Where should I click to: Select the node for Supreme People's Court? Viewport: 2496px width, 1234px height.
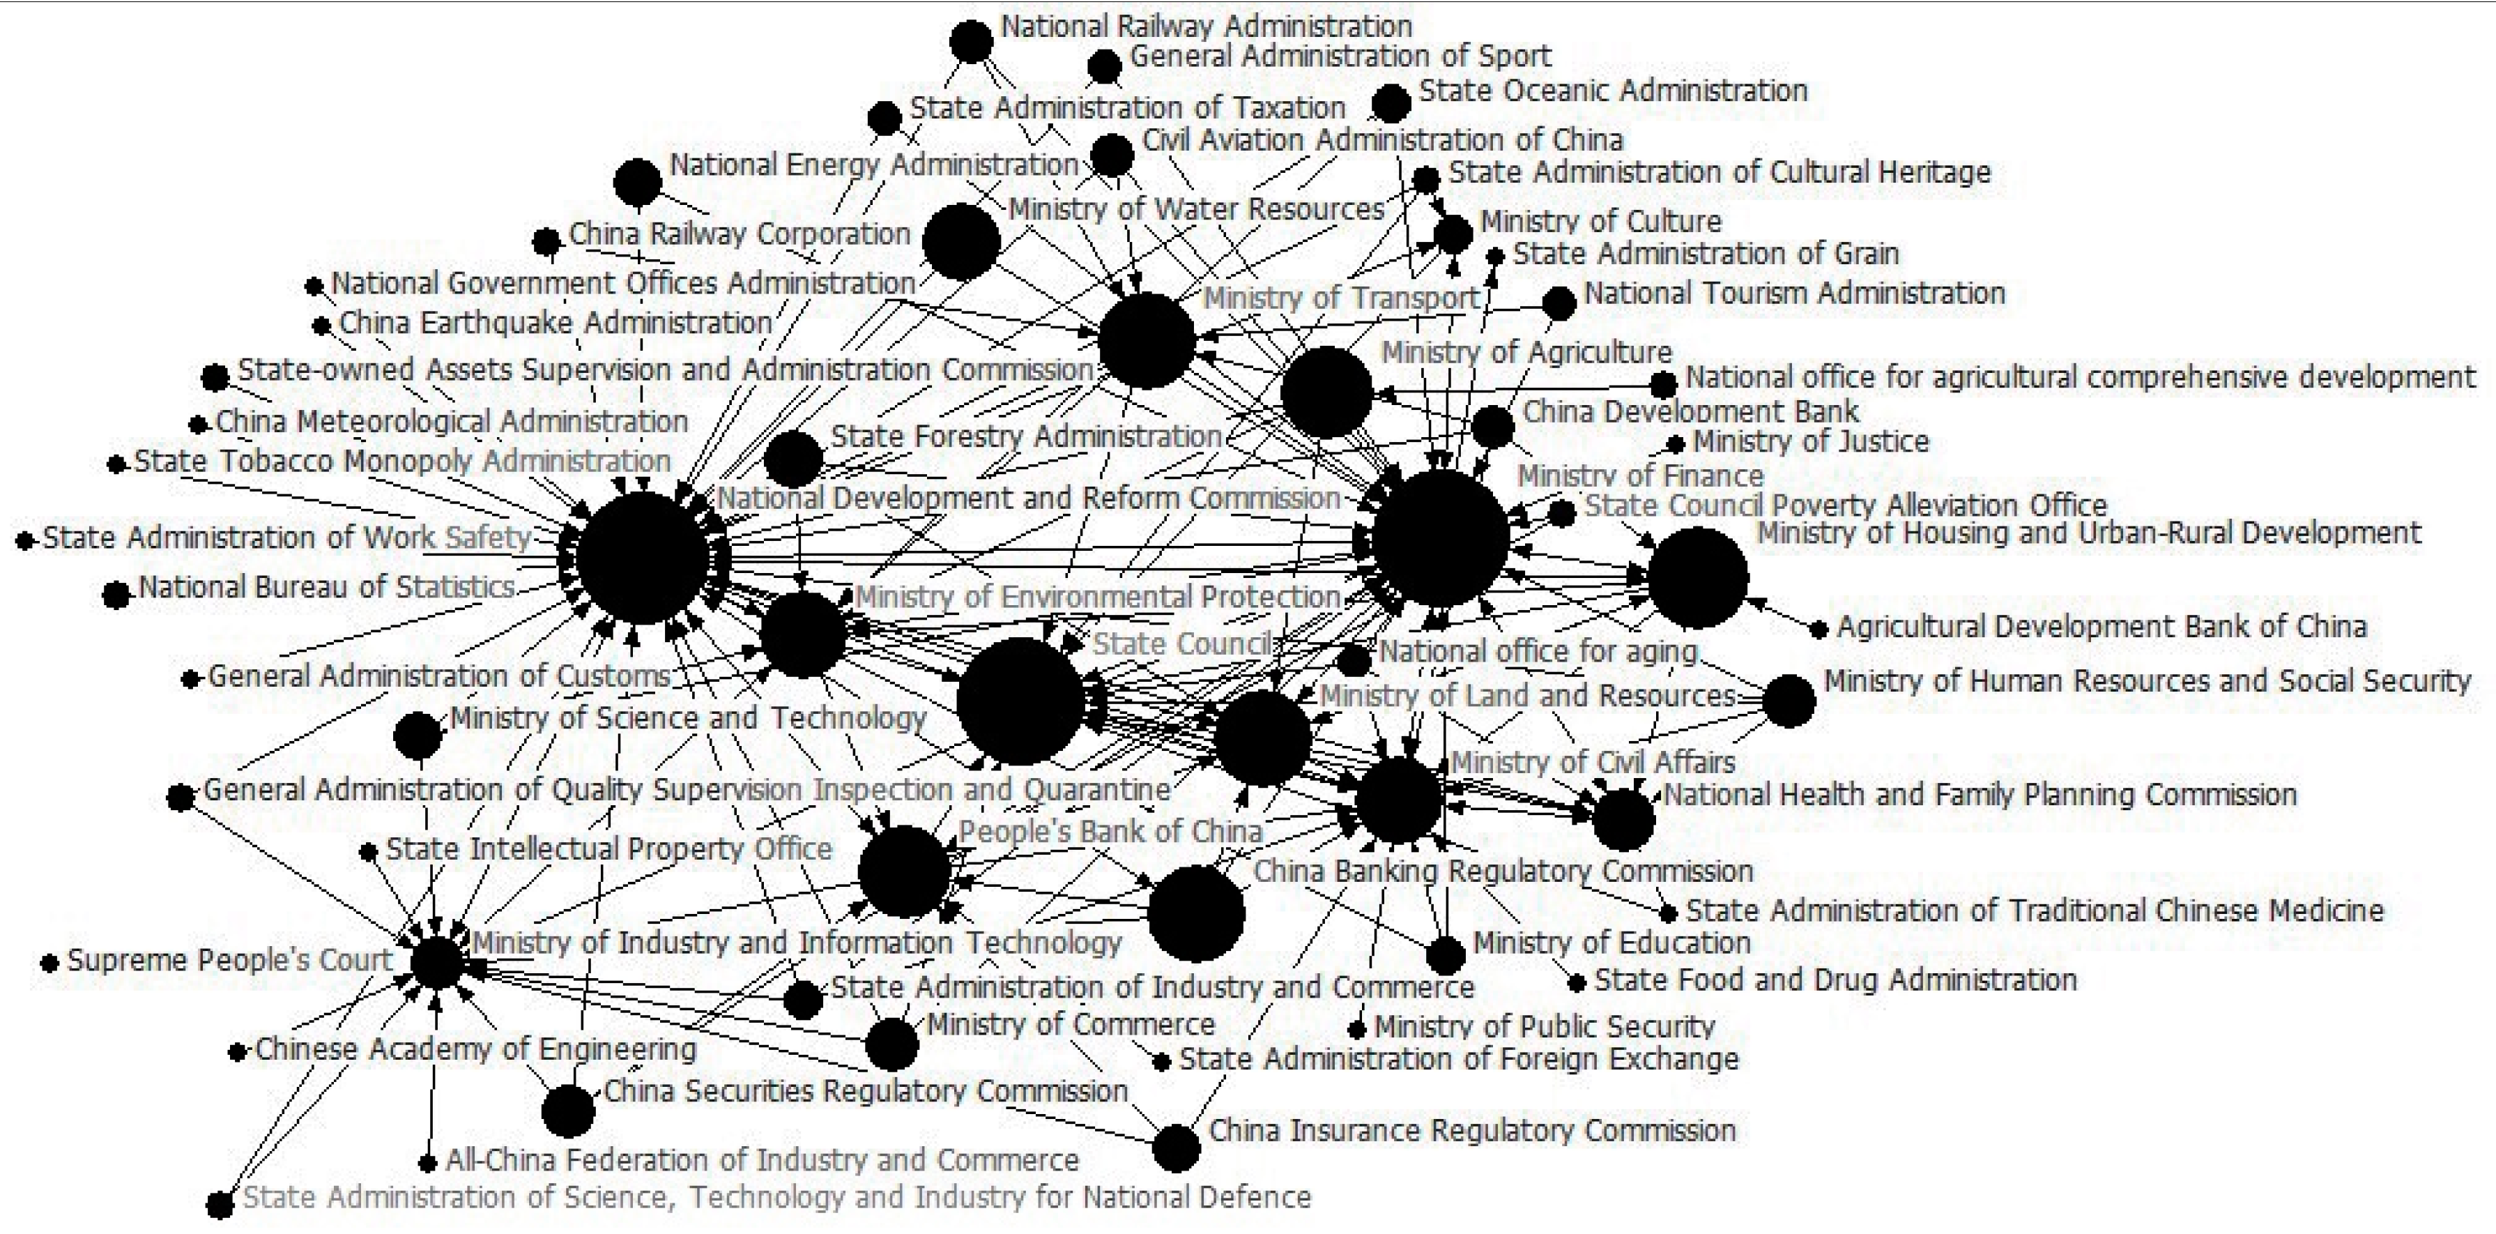(49, 963)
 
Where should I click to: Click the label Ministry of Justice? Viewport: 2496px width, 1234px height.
(1810, 442)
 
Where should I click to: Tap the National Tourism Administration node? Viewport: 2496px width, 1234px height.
(1558, 303)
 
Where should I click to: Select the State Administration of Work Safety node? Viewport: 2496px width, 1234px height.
(25, 540)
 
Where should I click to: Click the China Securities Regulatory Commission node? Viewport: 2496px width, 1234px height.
(568, 1111)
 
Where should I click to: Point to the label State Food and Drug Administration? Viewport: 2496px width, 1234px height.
(1835, 980)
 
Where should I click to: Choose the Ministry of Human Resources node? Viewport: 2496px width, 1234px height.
(1789, 701)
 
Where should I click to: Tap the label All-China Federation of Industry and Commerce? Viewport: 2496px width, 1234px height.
(762, 1160)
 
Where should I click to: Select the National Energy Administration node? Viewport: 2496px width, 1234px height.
(638, 181)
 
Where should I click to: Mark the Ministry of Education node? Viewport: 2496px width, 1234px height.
(1446, 956)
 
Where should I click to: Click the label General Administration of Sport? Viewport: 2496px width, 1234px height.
(1340, 56)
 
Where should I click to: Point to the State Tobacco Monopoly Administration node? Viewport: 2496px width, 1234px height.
(117, 464)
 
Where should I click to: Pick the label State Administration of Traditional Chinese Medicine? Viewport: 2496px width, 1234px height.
(2034, 911)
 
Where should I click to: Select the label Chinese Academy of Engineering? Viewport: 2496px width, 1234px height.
(475, 1049)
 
